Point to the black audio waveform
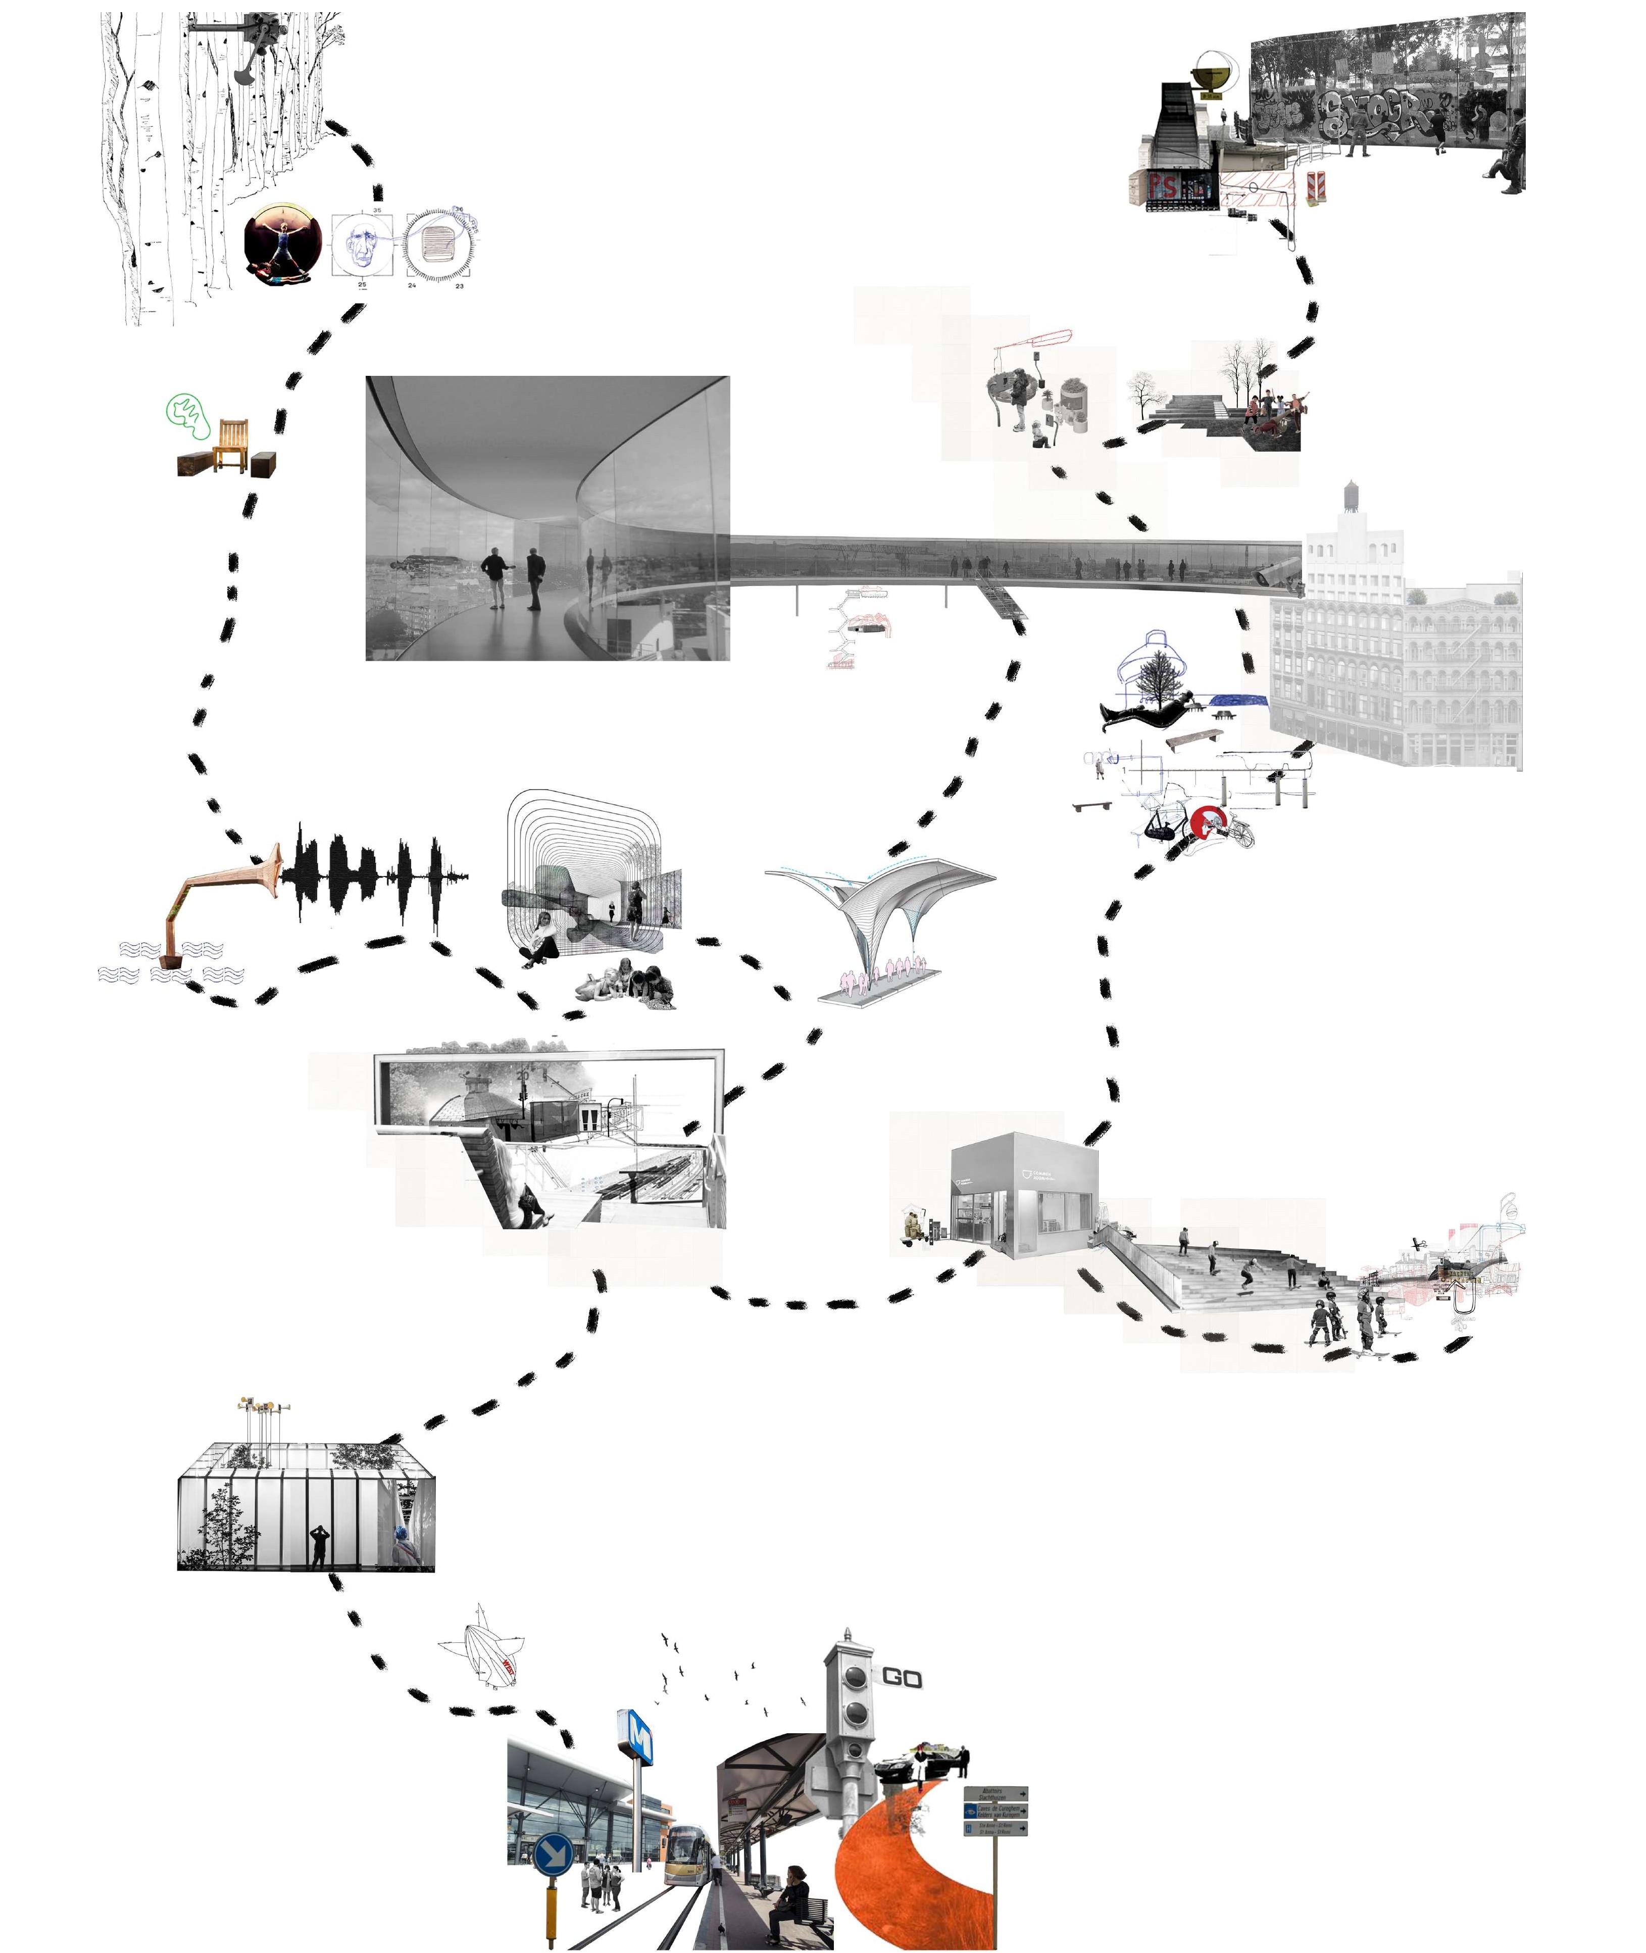(373, 872)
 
